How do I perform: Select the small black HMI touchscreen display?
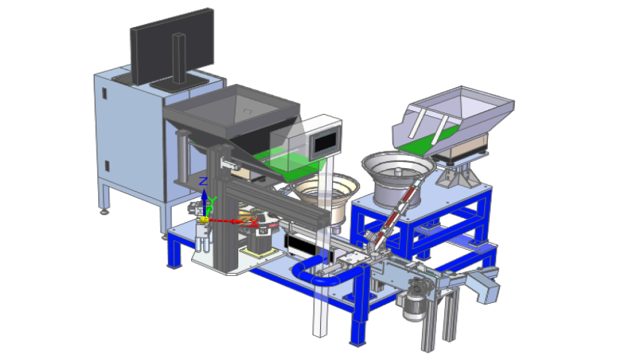(325, 142)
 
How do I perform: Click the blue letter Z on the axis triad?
(203, 181)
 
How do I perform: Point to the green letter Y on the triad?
(212, 199)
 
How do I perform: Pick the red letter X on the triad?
(254, 223)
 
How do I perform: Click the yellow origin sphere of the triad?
(205, 220)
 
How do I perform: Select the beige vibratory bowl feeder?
(325, 197)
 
